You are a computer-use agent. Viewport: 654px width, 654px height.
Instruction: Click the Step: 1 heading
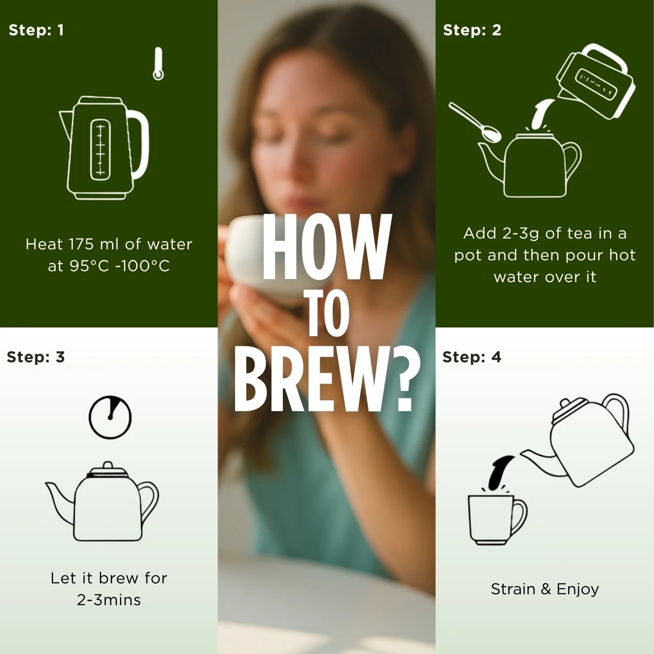tap(36, 30)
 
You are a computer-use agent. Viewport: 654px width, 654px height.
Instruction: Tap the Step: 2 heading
tap(472, 30)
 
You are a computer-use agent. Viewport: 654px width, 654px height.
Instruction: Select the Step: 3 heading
tap(36, 357)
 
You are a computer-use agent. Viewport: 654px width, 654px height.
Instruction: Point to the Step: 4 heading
tap(472, 357)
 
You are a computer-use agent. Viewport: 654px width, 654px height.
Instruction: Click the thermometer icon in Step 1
tap(158, 64)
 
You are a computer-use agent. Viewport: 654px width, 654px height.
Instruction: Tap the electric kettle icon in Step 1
tap(104, 148)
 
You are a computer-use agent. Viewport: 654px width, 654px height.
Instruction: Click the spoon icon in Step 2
tap(475, 123)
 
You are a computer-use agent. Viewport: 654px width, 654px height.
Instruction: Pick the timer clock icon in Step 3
tap(110, 417)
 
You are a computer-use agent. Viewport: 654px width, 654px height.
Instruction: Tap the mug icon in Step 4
tap(497, 519)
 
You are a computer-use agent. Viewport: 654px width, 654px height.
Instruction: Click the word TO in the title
tap(328, 313)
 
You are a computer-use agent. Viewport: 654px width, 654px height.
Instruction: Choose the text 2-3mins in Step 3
tap(109, 600)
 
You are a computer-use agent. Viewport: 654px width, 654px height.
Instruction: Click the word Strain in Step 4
tap(513, 589)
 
